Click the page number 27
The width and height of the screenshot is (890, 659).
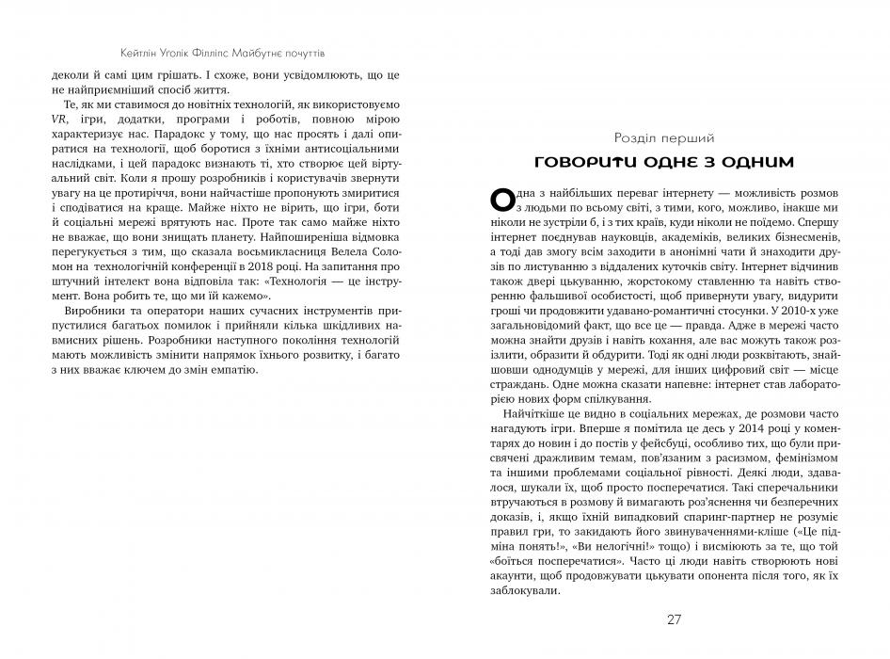click(x=673, y=619)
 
